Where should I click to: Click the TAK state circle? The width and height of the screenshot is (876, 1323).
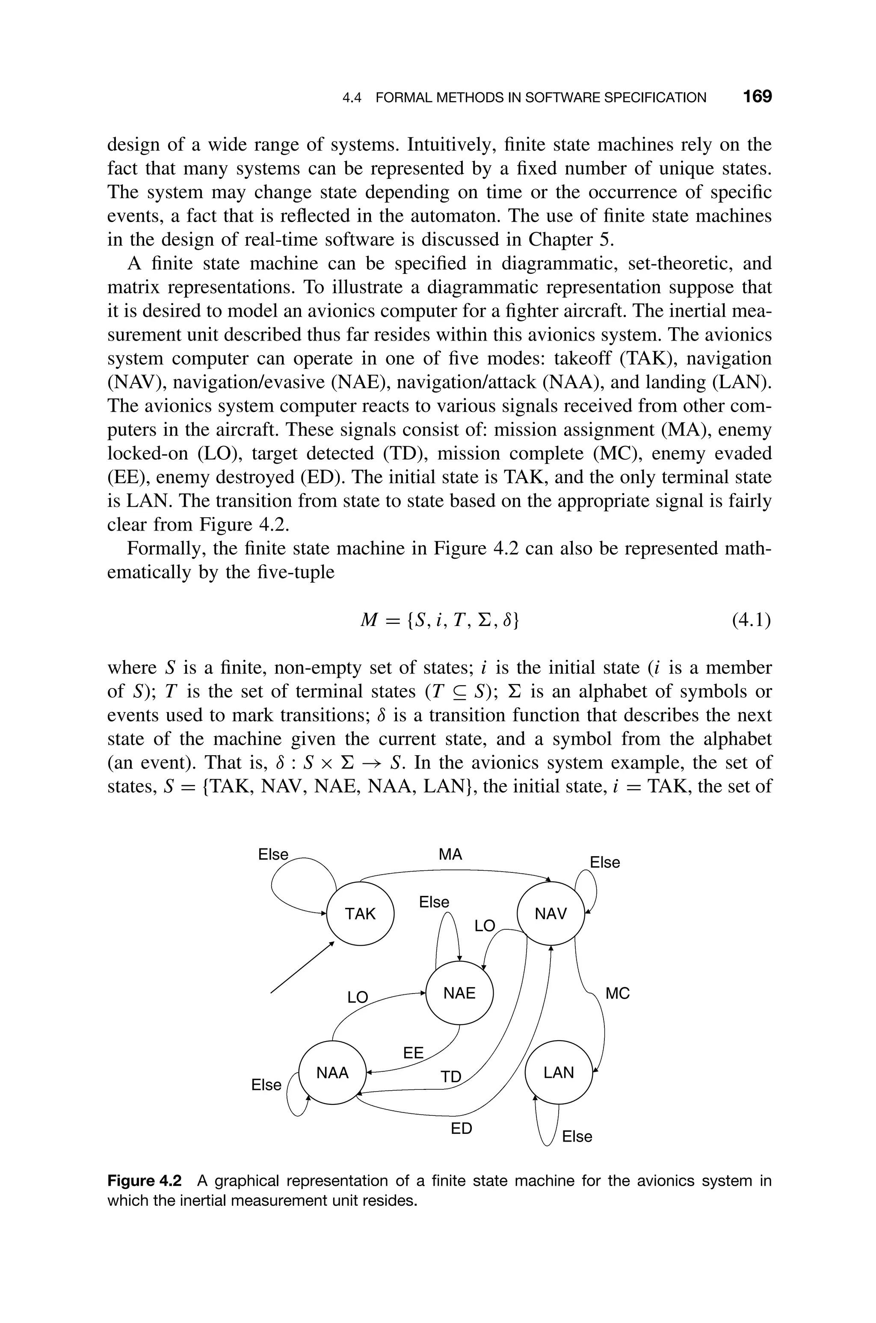(x=360, y=914)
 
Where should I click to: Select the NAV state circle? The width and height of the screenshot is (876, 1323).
(x=551, y=914)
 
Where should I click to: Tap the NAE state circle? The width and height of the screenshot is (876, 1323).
(x=459, y=994)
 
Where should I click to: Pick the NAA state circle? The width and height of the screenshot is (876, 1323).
(x=332, y=1073)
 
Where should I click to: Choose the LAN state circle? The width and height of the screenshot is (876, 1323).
(x=559, y=1073)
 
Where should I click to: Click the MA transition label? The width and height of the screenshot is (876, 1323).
(x=450, y=855)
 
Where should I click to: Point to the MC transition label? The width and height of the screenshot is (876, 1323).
(x=617, y=994)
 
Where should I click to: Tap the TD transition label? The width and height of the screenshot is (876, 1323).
(x=451, y=1077)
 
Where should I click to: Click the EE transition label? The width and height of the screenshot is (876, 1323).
(x=414, y=1053)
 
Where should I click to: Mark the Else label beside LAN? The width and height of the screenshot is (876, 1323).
(x=577, y=1136)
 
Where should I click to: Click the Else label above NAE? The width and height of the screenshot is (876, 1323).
(x=434, y=902)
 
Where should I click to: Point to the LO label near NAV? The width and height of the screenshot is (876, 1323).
(x=485, y=926)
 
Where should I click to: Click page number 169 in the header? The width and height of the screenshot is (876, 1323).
(x=757, y=97)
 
